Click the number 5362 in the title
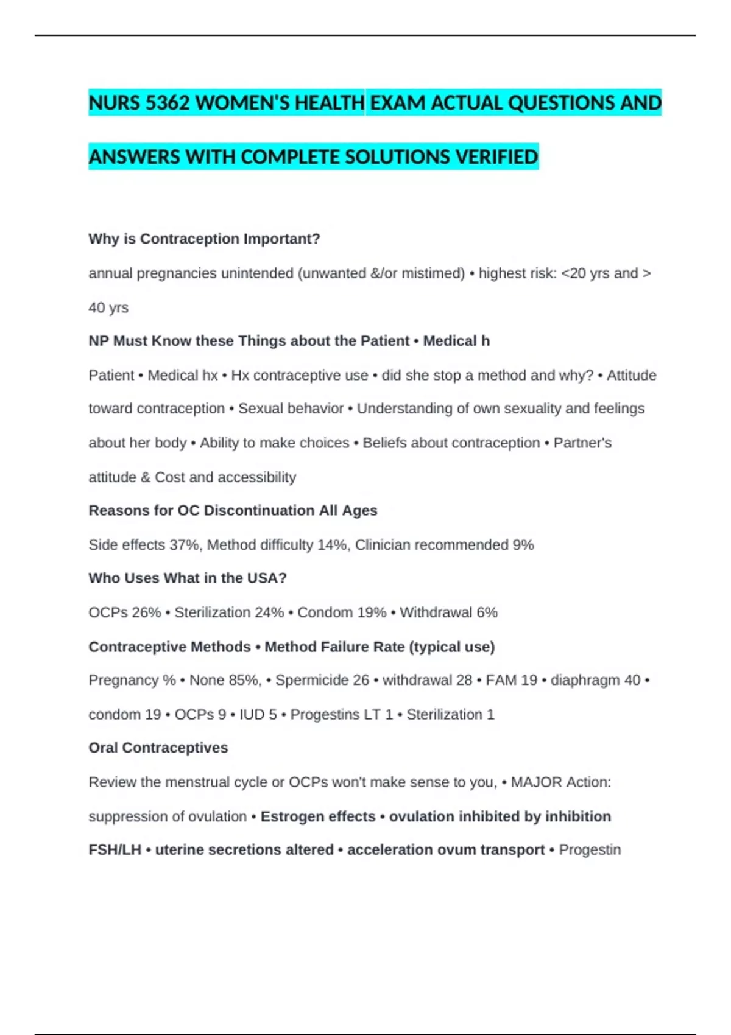click(168, 103)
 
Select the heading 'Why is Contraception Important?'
click(204, 239)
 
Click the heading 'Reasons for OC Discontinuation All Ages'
click(233, 510)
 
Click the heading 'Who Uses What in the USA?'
click(187, 578)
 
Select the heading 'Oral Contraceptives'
click(158, 748)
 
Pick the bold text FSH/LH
click(115, 850)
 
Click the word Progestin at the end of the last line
click(590, 850)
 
